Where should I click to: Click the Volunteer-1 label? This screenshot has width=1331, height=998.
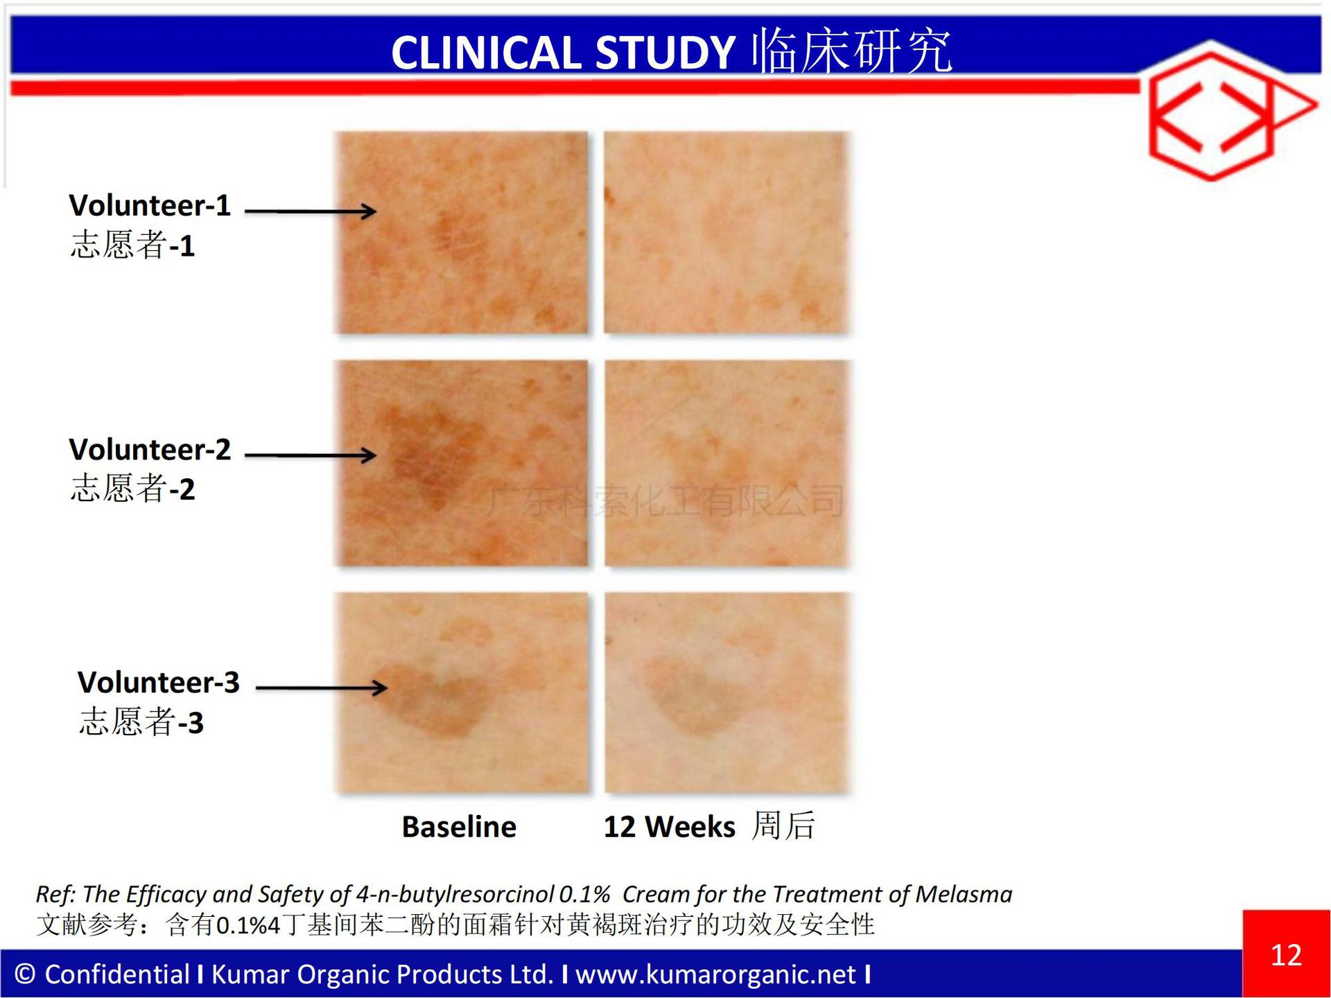click(150, 206)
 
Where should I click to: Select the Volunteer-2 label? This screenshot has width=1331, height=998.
click(150, 450)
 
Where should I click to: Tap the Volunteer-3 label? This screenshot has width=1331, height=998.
click(159, 683)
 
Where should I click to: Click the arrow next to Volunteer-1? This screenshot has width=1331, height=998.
click(311, 211)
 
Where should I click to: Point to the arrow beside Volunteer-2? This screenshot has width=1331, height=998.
click(311, 455)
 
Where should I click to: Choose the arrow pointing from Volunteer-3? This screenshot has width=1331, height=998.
click(321, 688)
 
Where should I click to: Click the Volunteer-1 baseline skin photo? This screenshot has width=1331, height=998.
click(462, 233)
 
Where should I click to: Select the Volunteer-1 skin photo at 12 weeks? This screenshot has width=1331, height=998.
click(727, 233)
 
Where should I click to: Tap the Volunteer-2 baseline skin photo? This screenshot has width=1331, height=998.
click(462, 463)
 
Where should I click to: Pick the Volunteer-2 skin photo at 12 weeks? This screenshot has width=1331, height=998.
click(727, 463)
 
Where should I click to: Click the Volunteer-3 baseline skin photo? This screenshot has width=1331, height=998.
click(462, 693)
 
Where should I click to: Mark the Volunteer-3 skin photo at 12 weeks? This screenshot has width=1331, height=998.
click(727, 693)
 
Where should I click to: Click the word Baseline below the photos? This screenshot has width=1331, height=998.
click(459, 827)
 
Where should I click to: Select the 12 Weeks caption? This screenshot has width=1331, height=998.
click(669, 827)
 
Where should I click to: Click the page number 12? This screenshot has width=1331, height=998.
click(1286, 956)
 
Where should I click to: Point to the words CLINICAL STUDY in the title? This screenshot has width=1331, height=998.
click(563, 53)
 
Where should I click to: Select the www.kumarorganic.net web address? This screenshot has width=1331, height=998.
click(715, 975)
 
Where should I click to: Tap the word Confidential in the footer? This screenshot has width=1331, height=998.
click(117, 974)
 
